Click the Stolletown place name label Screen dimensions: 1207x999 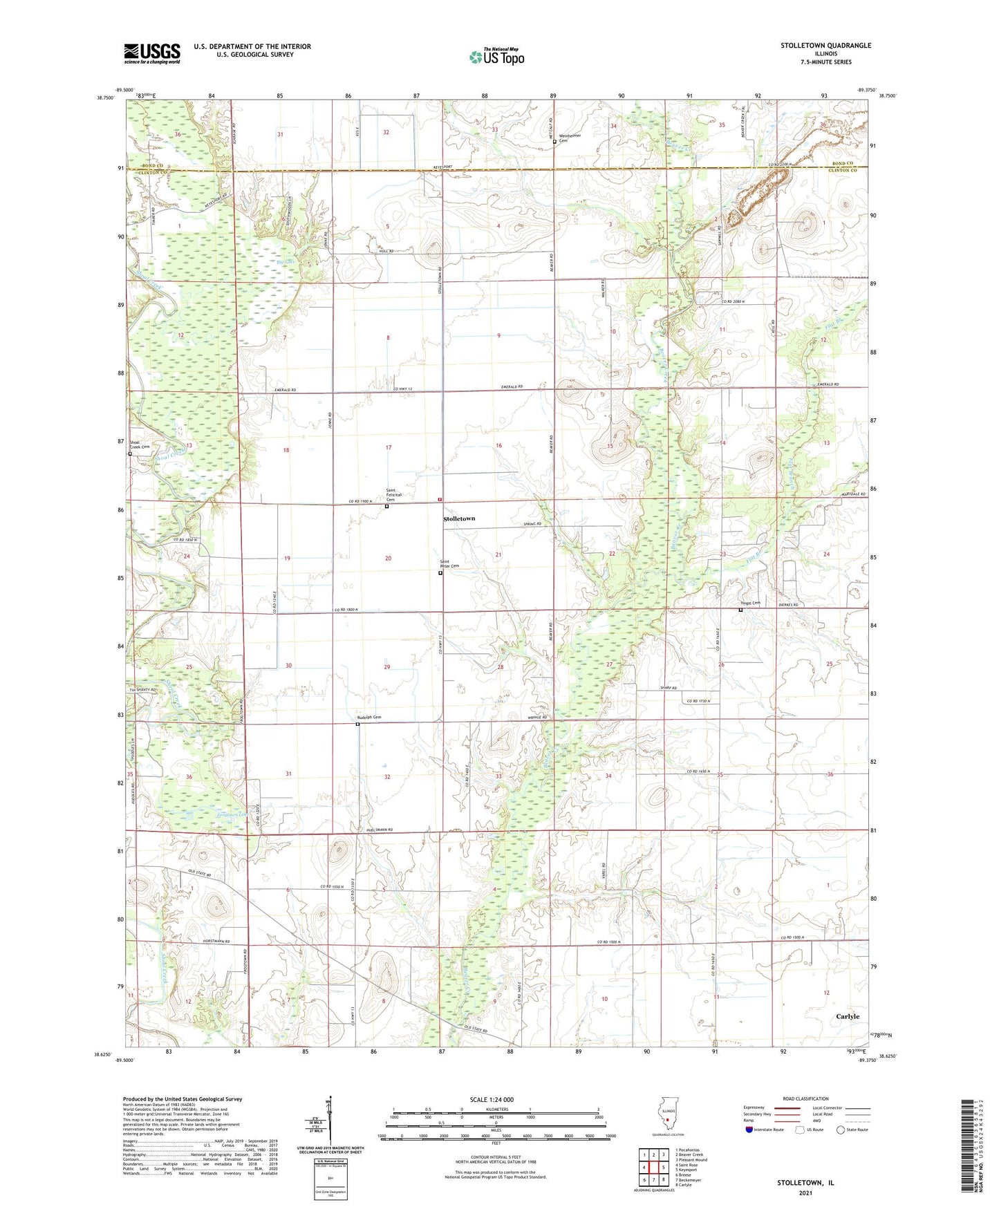click(x=459, y=518)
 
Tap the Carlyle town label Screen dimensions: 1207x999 click(x=848, y=1016)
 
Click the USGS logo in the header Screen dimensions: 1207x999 click(x=152, y=53)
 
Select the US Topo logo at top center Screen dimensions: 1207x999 click(x=496, y=57)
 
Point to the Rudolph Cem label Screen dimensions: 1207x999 click(x=369, y=718)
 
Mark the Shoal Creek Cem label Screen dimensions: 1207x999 click(x=140, y=447)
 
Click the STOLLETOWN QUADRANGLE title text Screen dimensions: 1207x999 click(x=825, y=46)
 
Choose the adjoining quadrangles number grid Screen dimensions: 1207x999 click(x=653, y=1170)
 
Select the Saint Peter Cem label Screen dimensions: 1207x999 click(x=449, y=564)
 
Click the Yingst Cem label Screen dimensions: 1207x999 click(x=751, y=603)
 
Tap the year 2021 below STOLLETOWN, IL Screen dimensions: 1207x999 click(x=805, y=1193)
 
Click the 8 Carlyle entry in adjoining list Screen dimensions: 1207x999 click(x=684, y=1185)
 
